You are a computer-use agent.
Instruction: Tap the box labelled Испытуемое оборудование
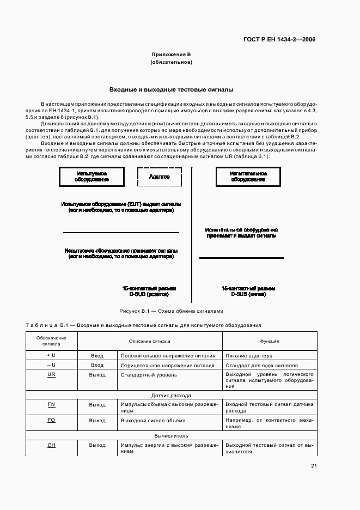(92, 177)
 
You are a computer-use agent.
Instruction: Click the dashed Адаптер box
(158, 177)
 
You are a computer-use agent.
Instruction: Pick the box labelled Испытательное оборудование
(248, 177)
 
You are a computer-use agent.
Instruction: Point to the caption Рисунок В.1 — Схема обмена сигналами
(171, 311)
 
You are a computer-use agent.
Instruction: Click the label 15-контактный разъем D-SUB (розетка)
(149, 291)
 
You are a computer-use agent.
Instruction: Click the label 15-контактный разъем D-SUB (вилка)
(248, 291)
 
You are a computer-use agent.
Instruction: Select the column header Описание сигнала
(149, 341)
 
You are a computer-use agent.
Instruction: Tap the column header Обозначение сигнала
(52, 341)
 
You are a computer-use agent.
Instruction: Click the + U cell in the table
(52, 355)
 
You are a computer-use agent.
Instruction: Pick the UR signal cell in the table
(52, 375)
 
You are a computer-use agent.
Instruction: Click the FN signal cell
(52, 405)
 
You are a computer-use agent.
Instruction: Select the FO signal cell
(52, 421)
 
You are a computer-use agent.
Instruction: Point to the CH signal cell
(52, 445)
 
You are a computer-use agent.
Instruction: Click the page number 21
(314, 465)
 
